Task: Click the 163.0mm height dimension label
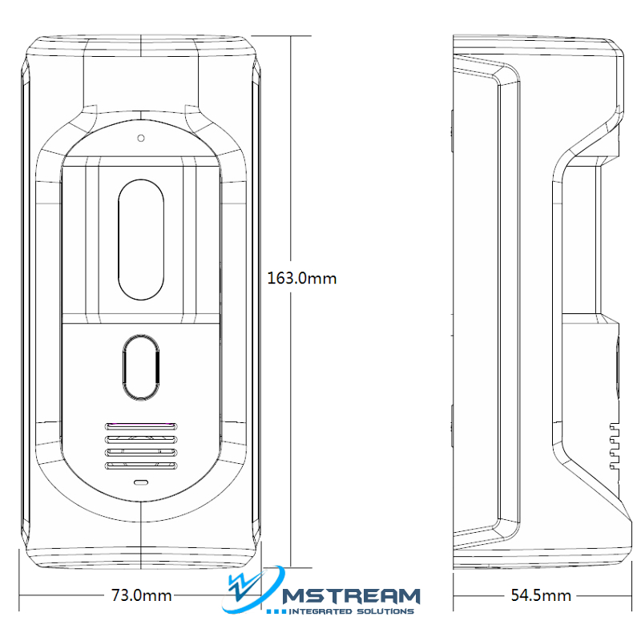tap(302, 278)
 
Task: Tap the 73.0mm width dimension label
tap(141, 595)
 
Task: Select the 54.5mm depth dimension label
tap(541, 595)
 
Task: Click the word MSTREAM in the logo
tap(352, 596)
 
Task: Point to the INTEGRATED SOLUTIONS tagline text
tap(351, 611)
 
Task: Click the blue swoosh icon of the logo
tap(252, 590)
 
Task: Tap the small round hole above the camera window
tap(141, 138)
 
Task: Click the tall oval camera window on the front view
tap(141, 240)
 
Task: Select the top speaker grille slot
tap(141, 427)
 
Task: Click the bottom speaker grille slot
tap(141, 466)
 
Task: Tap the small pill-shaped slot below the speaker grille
tap(141, 483)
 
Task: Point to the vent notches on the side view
tap(614, 446)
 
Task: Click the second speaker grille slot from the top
tap(141, 440)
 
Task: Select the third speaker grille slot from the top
tap(141, 453)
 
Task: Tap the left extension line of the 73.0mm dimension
tap(19, 580)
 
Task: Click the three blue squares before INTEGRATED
tap(276, 612)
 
